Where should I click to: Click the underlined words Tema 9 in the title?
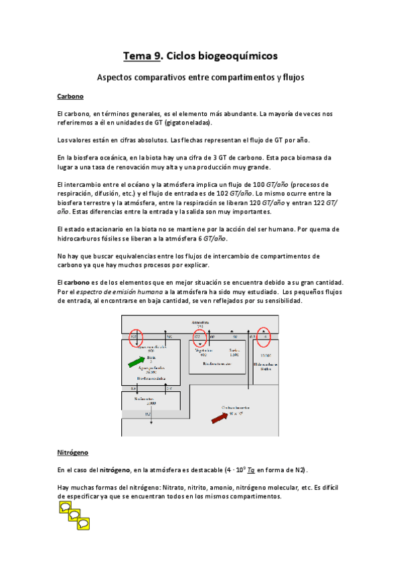click(x=142, y=56)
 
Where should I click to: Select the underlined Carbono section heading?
click(x=70, y=96)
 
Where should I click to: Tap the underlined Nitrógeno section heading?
click(x=73, y=452)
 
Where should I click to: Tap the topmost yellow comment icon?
click(x=65, y=507)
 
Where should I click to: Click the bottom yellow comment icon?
click(x=83, y=522)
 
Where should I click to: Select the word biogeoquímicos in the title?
click(x=228, y=56)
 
